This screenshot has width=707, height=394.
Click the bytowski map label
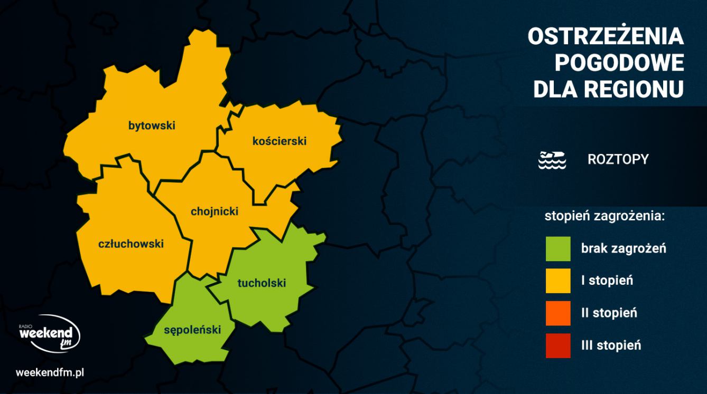tap(152, 126)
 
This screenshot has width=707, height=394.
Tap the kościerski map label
tap(280, 141)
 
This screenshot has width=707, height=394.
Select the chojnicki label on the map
tap(214, 212)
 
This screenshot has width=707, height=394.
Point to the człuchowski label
tap(131, 244)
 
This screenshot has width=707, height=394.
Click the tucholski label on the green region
tap(262, 283)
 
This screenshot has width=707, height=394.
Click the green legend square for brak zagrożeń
tap(559, 248)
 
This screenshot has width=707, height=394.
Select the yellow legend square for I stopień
tap(559, 281)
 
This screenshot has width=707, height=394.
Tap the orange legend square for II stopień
tap(559, 313)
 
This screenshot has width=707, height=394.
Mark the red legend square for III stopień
tap(559, 345)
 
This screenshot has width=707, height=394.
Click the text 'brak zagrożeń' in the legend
tap(624, 248)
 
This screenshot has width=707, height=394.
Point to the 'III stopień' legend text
tap(611, 345)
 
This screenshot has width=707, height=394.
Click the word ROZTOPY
tap(618, 159)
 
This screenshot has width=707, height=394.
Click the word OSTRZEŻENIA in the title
tap(606, 37)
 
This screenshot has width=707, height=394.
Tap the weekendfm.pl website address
tap(51, 372)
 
